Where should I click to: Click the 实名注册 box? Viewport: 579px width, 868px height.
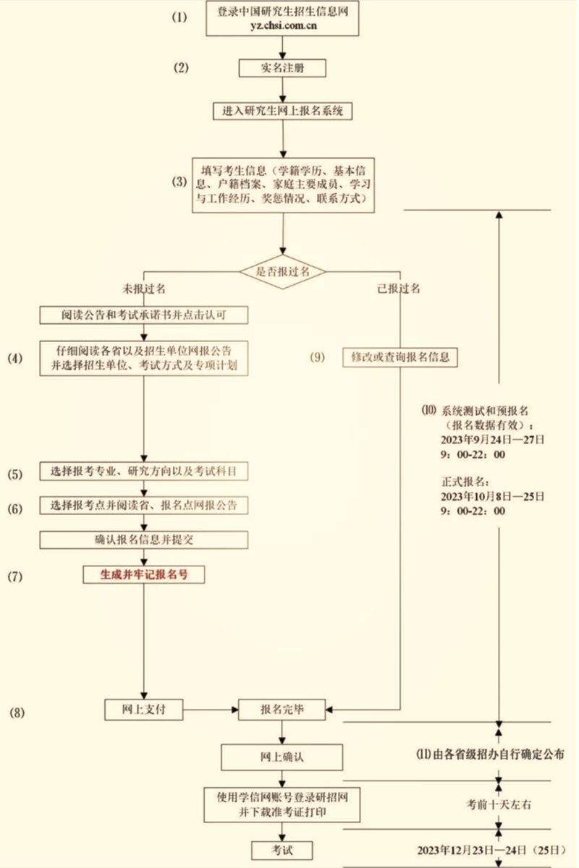click(282, 68)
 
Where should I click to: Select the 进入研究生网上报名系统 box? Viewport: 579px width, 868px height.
click(282, 111)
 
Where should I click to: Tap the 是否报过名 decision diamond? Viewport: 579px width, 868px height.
click(283, 271)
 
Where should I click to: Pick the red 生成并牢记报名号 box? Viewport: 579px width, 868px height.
click(143, 574)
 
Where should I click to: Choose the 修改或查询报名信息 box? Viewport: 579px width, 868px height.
click(400, 357)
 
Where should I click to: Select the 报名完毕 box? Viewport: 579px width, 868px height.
click(282, 710)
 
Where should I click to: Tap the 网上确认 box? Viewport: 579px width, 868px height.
click(282, 757)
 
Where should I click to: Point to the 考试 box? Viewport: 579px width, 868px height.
click(282, 850)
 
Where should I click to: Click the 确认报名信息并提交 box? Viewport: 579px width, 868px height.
click(143, 540)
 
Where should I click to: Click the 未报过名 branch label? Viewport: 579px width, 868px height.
click(145, 289)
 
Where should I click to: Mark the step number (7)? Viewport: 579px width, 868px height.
click(16, 576)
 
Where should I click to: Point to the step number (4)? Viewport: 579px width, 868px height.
click(16, 358)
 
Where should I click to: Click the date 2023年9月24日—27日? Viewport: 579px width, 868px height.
click(492, 440)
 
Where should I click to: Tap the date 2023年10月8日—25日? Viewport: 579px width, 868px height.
click(492, 496)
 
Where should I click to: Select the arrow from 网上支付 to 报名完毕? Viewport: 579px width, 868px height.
click(211, 710)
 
